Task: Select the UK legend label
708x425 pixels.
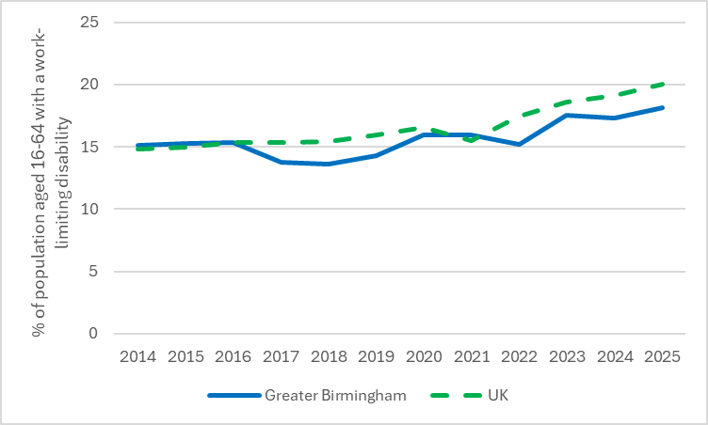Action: tap(499, 396)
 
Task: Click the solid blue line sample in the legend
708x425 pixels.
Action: tap(232, 396)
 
